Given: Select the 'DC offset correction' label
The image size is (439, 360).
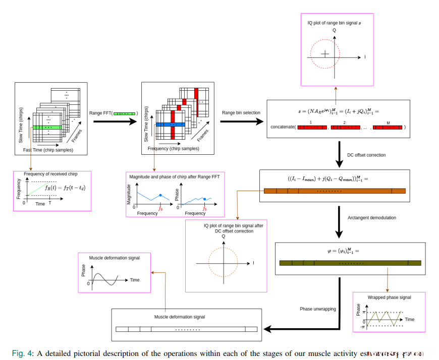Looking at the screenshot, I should [x=366, y=155].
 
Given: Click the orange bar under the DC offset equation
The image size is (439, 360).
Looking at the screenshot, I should [x=335, y=191].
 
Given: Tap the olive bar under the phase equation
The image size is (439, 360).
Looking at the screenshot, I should [x=350, y=263].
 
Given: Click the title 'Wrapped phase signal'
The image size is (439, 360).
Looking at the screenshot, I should [x=389, y=297].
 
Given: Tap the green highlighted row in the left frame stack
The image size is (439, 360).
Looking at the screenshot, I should [x=47, y=128].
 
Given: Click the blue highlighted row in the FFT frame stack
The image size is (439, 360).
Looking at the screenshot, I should [x=172, y=124].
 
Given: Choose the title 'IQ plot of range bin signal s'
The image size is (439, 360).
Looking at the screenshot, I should [x=334, y=23].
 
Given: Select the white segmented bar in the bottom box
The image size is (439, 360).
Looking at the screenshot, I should [x=186, y=329].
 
